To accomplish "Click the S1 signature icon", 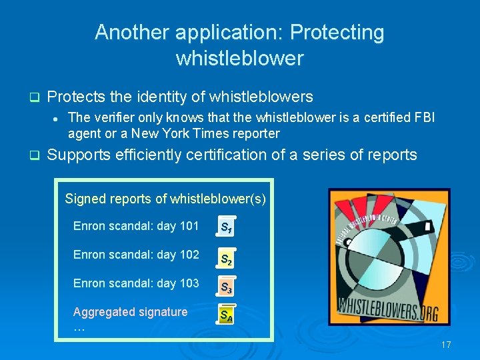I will pos(227,227).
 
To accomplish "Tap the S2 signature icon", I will pos(227,257).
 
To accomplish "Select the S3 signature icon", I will pos(227,287).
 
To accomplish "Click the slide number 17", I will pos(446,345).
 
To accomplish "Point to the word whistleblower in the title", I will pos(239,59).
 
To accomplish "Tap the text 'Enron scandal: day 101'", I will pos(136,226).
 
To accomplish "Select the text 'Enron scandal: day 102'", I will pos(136,255).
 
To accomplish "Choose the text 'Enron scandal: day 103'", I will pos(136,283).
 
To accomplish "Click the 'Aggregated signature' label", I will pos(130,312).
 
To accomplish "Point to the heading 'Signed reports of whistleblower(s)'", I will pos(165,199).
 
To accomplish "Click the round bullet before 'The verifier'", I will pos(57,119).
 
